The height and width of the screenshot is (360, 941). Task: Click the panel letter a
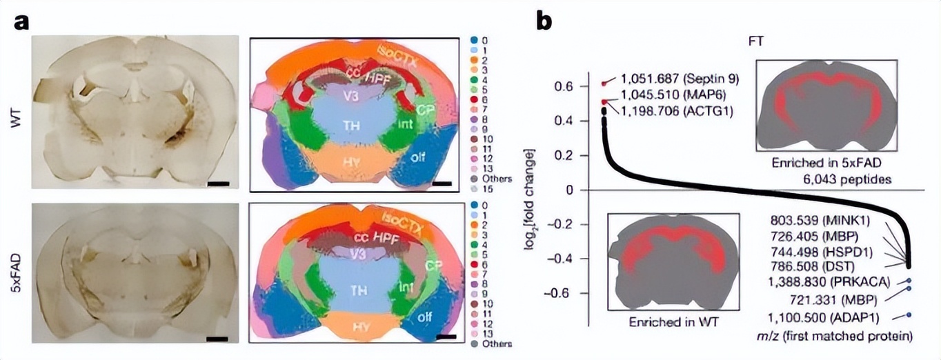[x=21, y=23]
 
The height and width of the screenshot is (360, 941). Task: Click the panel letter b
[x=544, y=23]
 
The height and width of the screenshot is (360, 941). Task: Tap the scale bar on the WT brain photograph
[x=218, y=184]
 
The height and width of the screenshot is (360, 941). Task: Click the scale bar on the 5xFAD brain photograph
[x=217, y=338]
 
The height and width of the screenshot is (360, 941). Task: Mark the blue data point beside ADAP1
[x=909, y=315]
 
